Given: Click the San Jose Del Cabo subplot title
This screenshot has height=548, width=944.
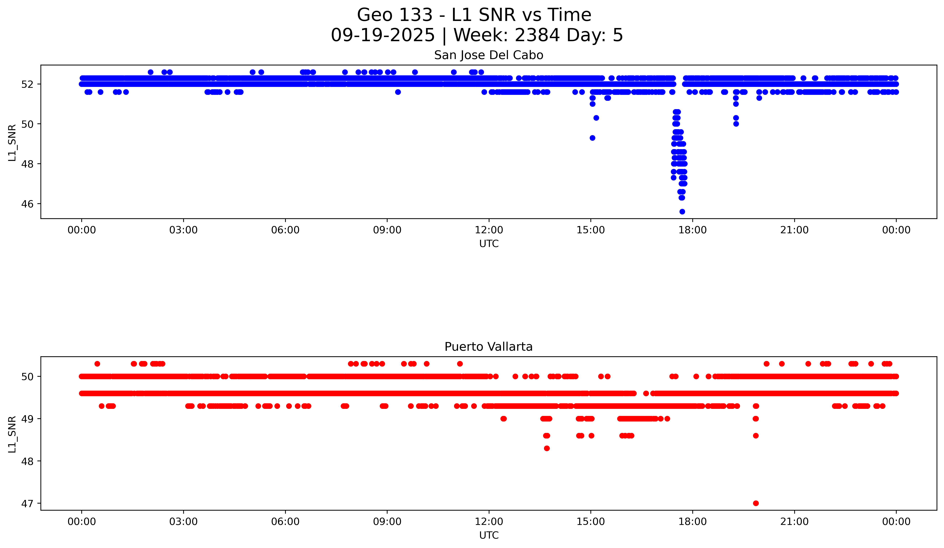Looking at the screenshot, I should click(489, 55).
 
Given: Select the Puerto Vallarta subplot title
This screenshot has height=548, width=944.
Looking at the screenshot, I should click(489, 347).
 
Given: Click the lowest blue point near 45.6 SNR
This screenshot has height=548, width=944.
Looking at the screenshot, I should click(682, 212).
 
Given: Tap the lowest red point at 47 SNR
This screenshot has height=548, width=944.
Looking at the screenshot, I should click(756, 503).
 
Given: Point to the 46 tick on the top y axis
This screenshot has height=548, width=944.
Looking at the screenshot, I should click(27, 204).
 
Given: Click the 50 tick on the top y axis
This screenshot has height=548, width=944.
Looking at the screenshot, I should click(27, 124).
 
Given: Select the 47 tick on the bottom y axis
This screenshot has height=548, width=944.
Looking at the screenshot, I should click(27, 503).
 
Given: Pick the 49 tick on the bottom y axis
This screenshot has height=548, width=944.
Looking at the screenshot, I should click(27, 419).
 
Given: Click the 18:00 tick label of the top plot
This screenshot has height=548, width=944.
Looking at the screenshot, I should click(692, 230).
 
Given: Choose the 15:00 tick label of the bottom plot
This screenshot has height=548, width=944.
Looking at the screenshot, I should click(590, 521).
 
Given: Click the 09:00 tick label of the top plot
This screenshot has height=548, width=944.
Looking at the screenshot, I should click(387, 230).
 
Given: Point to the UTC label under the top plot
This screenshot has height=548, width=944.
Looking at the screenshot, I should click(489, 244).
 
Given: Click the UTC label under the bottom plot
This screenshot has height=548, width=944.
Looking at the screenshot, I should click(489, 535).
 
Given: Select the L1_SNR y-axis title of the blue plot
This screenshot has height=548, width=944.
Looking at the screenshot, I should click(12, 143).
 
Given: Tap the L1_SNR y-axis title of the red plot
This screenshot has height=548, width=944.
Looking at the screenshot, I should click(12, 434).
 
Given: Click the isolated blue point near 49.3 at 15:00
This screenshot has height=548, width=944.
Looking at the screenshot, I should click(592, 138).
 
